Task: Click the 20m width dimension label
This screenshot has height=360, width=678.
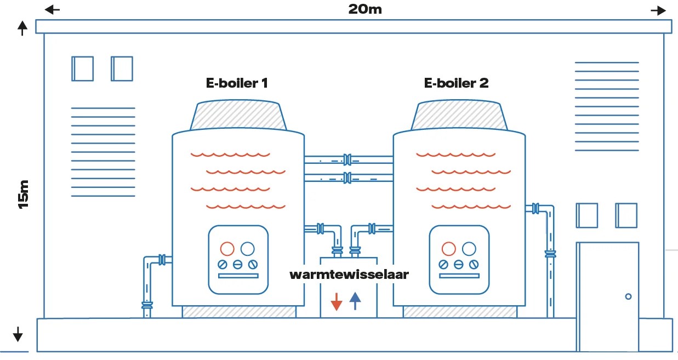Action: pyautogui.click(x=364, y=9)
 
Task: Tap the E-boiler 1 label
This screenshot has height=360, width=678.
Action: pyautogui.click(x=237, y=83)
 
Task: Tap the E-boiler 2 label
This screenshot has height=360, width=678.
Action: pyautogui.click(x=456, y=83)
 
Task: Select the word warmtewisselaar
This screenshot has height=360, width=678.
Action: pyautogui.click(x=349, y=275)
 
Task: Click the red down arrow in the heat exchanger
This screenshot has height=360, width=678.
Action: pyautogui.click(x=337, y=301)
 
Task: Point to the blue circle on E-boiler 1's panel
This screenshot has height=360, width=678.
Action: pyautogui.click(x=248, y=249)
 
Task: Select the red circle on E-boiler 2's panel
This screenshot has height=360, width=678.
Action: pyautogui.click(x=449, y=249)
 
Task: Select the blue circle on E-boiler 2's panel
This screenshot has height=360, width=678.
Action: pyautogui.click(x=469, y=249)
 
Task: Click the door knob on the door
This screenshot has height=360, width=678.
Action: pyautogui.click(x=628, y=296)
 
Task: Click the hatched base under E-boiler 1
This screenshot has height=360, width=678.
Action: pyautogui.click(x=238, y=312)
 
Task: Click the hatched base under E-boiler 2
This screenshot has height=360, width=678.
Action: pyautogui.click(x=459, y=312)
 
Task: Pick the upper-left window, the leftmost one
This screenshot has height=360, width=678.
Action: pyautogui.click(x=82, y=68)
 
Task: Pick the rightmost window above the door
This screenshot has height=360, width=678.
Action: pyautogui.click(x=626, y=215)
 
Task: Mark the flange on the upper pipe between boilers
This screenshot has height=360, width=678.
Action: pyautogui.click(x=347, y=159)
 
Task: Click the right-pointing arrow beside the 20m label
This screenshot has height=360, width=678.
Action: pyautogui.click(x=658, y=10)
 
